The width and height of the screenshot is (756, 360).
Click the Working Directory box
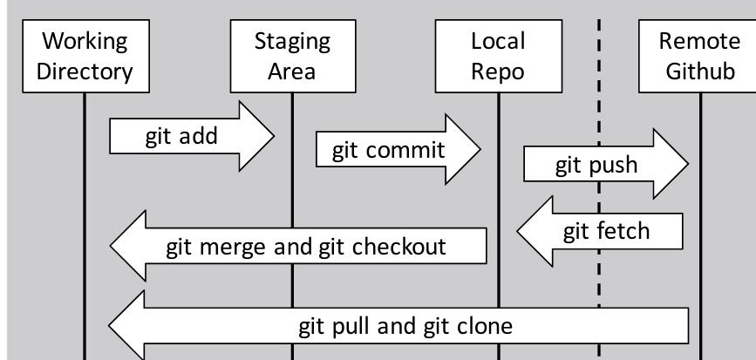(x=85, y=56)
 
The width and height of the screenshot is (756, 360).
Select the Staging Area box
(x=292, y=56)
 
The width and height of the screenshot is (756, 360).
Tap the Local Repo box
(x=498, y=56)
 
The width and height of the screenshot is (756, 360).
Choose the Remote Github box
(x=699, y=56)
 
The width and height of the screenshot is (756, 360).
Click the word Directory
(x=85, y=71)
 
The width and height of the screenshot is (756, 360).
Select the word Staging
(x=292, y=41)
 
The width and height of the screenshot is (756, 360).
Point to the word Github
(x=700, y=71)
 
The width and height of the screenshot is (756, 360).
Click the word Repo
(x=498, y=71)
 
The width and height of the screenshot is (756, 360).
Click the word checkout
(x=398, y=246)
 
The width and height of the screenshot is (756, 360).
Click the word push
(x=614, y=165)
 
